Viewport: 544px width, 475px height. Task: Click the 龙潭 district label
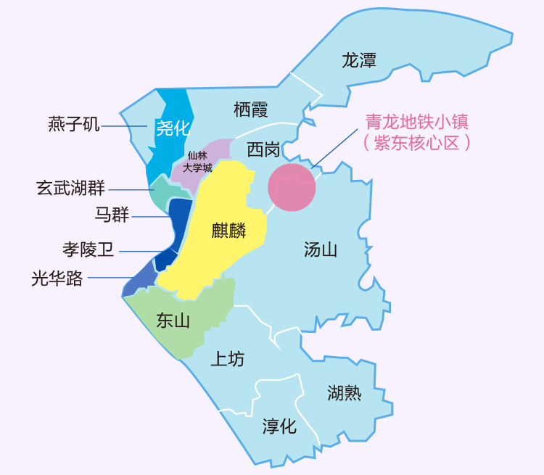click(359, 60)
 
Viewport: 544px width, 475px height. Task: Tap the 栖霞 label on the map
click(251, 110)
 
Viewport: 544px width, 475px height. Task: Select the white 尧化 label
click(173, 128)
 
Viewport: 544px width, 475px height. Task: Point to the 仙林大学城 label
click(197, 161)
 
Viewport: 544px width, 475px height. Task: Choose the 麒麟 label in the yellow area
click(228, 231)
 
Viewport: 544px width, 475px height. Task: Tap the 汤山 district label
click(321, 250)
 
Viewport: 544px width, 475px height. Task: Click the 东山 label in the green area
click(173, 321)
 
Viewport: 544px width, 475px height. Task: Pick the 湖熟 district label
click(344, 393)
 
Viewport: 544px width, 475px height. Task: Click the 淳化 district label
click(279, 426)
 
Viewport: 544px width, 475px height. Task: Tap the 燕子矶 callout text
click(73, 125)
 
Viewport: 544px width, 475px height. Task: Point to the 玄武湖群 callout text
click(71, 189)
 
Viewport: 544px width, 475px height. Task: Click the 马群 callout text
click(112, 215)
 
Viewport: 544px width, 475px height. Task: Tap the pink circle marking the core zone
click(292, 187)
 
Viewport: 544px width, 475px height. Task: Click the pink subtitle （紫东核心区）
click(416, 142)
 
